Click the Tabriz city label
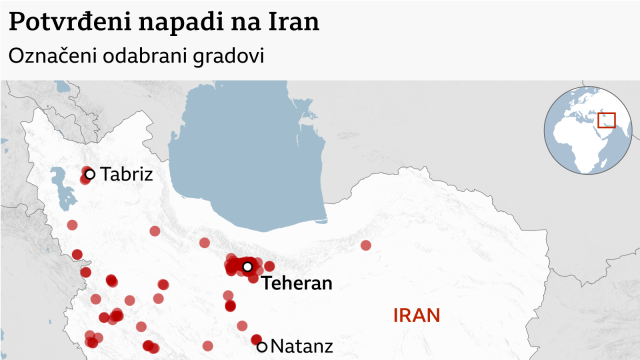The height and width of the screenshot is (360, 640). pyautogui.click(x=126, y=174)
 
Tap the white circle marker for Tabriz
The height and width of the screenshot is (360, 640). pyautogui.click(x=90, y=174)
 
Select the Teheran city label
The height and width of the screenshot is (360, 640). pyautogui.click(x=297, y=283)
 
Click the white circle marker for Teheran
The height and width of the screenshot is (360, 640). pyautogui.click(x=247, y=266)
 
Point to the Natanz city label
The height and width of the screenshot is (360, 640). pyautogui.click(x=301, y=346)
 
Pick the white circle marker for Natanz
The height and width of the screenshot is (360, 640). pyautogui.click(x=262, y=346)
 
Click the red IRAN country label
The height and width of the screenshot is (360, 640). pyautogui.click(x=416, y=315)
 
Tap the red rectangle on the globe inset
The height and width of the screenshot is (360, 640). pyautogui.click(x=606, y=120)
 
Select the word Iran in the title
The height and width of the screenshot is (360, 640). pyautogui.click(x=293, y=22)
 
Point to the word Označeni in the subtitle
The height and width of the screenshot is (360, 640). pyautogui.click(x=52, y=56)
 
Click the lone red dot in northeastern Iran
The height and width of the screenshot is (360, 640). pyautogui.click(x=366, y=245)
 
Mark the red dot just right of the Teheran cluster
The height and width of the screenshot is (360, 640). pyautogui.click(x=269, y=266)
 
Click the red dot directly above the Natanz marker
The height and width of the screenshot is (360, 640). pyautogui.click(x=256, y=339)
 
